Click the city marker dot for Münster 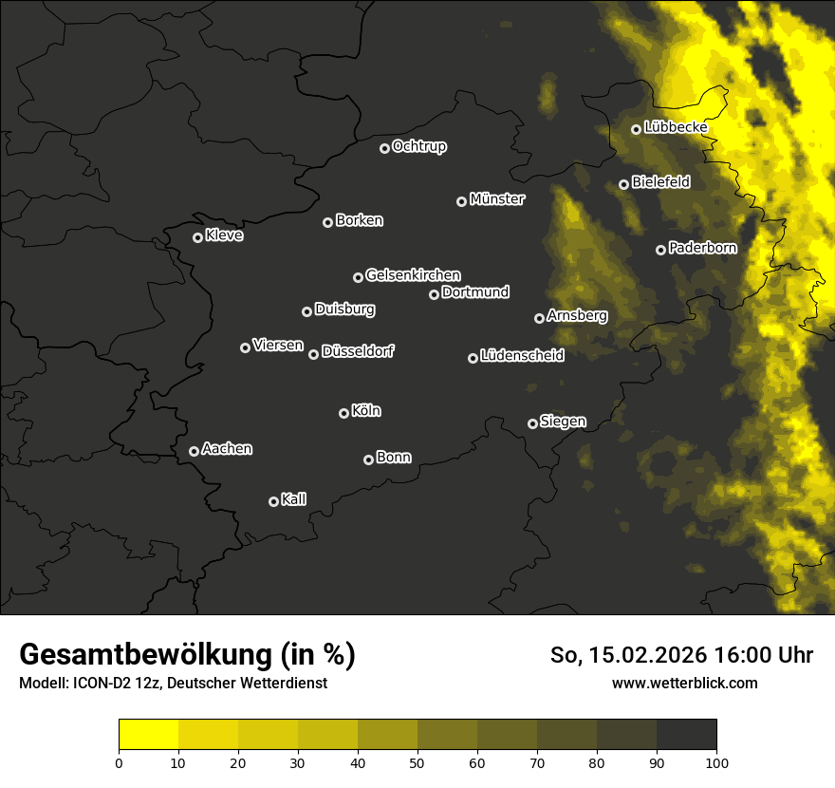click(461, 201)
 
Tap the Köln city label click(366, 411)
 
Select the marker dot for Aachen click(194, 451)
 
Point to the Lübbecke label click(676, 127)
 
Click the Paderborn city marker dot click(660, 250)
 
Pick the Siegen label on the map click(563, 422)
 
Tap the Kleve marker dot click(197, 237)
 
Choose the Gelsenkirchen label click(413, 275)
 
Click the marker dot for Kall click(273, 501)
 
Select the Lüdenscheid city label click(522, 356)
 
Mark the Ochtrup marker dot click(384, 148)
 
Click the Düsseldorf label click(358, 352)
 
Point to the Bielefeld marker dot click(623, 184)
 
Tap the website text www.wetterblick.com click(684, 683)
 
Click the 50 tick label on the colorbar click(417, 761)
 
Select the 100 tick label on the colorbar click(716, 761)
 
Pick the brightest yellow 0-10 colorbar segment click(149, 735)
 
